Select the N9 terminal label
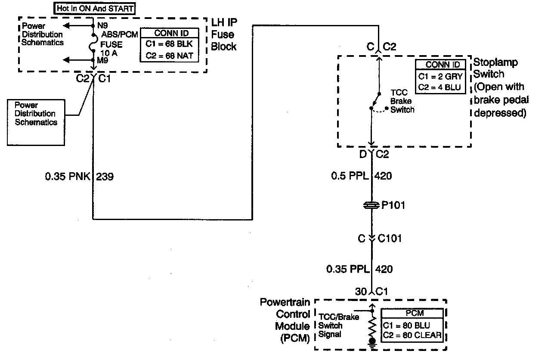(x=102, y=25)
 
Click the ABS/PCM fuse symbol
(x=93, y=43)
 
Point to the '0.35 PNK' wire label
(x=67, y=176)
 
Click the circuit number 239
(x=105, y=176)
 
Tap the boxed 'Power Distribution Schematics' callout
(x=35, y=114)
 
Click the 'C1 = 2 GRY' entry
(x=440, y=77)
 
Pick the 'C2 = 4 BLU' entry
(x=440, y=88)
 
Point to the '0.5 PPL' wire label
(x=349, y=176)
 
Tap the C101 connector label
(x=390, y=238)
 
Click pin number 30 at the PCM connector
(x=361, y=292)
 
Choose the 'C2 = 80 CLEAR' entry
(x=412, y=335)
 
